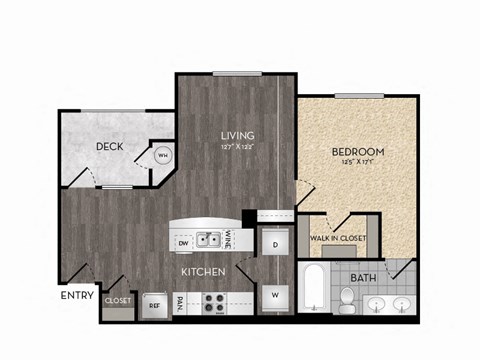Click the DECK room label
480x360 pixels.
[x=109, y=147]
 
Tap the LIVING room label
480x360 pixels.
[x=237, y=135]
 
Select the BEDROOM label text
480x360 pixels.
[x=357, y=152]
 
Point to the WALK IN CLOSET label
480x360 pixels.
[x=338, y=238]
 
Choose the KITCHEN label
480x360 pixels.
[x=202, y=271]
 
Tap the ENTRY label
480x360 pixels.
[x=76, y=295]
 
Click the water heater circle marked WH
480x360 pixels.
[x=162, y=154]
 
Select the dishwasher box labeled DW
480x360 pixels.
[x=183, y=242]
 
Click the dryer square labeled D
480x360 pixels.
[x=273, y=243]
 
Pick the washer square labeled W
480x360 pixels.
[x=273, y=295]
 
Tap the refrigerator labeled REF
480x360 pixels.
[x=155, y=306]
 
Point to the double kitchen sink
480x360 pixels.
[x=209, y=240]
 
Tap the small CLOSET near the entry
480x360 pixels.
[x=118, y=300]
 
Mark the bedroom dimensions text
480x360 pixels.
[x=357, y=164]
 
